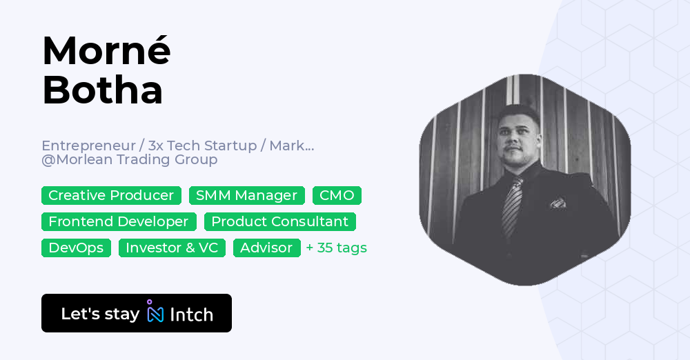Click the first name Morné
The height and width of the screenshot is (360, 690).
[x=106, y=50]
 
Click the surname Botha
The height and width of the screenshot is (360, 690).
[x=102, y=90]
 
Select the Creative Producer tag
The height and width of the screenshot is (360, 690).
[x=111, y=196]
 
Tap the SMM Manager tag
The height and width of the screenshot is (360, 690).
[x=246, y=196]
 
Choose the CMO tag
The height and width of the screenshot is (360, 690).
[x=337, y=196]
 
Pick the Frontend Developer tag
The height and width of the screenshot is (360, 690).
[x=119, y=222]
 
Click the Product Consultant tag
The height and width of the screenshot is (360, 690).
[x=279, y=222]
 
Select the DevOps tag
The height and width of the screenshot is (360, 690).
[x=76, y=248]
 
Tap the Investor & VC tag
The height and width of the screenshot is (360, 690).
[x=172, y=248]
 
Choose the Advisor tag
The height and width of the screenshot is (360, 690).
[x=266, y=248]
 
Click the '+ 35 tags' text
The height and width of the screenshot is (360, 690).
[x=337, y=248]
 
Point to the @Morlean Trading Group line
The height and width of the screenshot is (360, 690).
[x=130, y=160]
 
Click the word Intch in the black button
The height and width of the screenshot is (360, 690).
[x=191, y=314]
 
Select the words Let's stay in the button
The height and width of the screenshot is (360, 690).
[x=100, y=314]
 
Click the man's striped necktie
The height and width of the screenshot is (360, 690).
[x=511, y=207]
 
